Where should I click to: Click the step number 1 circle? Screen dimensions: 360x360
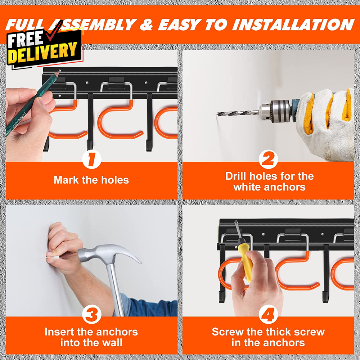[x=91, y=159]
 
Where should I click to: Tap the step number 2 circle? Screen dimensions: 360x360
[x=268, y=159]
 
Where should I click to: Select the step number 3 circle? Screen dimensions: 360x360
[x=91, y=314]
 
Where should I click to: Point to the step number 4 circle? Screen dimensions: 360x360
[x=268, y=314]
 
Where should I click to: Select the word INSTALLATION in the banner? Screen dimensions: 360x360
[x=293, y=24]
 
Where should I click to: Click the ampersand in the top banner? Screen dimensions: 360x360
[x=146, y=24]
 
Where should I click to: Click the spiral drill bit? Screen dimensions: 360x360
[x=238, y=113]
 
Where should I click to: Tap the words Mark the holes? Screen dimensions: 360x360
[x=91, y=180]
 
